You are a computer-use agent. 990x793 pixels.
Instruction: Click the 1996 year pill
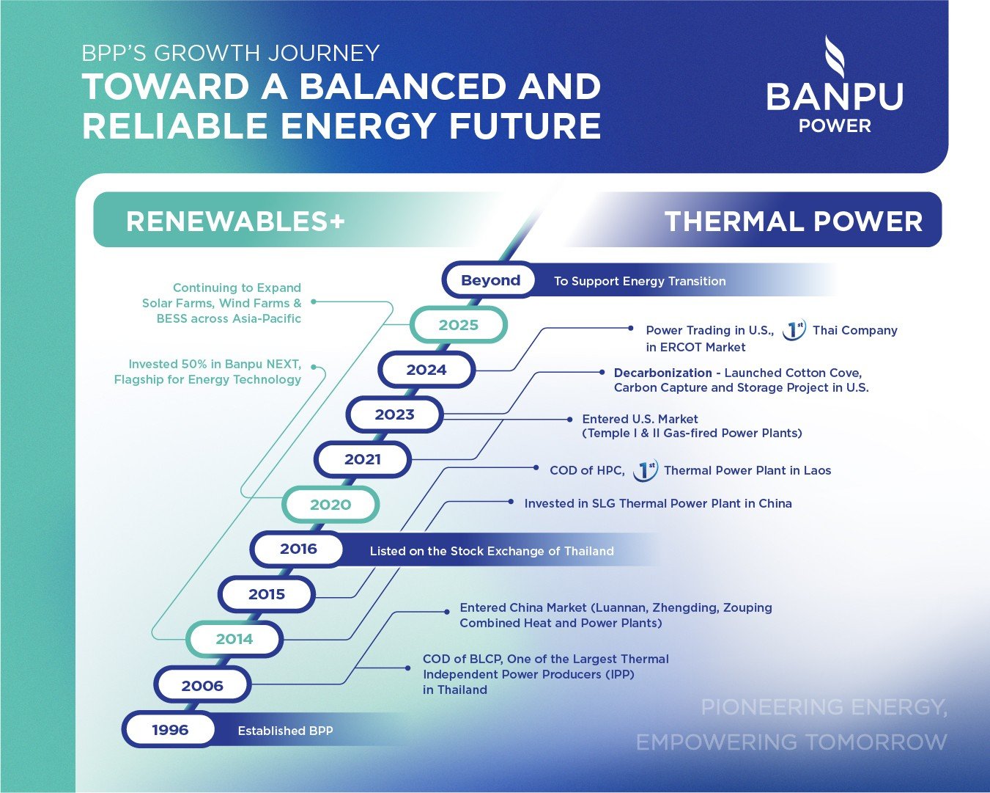click(170, 730)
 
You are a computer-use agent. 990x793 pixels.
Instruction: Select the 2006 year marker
click(202, 686)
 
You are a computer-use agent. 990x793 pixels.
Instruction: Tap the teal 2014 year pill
click(234, 639)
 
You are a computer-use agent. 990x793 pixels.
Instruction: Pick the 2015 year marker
click(267, 594)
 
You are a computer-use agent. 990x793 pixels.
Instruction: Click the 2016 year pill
click(298, 549)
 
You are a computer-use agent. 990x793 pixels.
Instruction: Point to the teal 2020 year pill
click(330, 505)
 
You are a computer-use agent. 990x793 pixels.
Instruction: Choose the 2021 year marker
click(363, 460)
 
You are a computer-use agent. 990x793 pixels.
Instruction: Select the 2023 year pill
click(395, 415)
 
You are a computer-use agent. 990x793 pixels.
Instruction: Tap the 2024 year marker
click(426, 370)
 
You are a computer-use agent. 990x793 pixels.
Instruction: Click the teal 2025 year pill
click(459, 325)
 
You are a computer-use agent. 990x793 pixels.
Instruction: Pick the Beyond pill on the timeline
click(490, 280)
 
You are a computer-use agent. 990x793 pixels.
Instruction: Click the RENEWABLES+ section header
click(235, 221)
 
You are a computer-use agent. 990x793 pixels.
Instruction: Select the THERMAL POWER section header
click(793, 221)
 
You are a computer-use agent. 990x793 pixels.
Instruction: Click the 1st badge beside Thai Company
click(794, 331)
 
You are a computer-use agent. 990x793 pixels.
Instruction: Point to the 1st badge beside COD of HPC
click(645, 470)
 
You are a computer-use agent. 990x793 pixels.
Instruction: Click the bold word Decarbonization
click(662, 373)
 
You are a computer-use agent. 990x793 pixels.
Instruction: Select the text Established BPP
click(285, 731)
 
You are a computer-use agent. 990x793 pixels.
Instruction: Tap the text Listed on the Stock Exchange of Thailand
click(492, 551)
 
